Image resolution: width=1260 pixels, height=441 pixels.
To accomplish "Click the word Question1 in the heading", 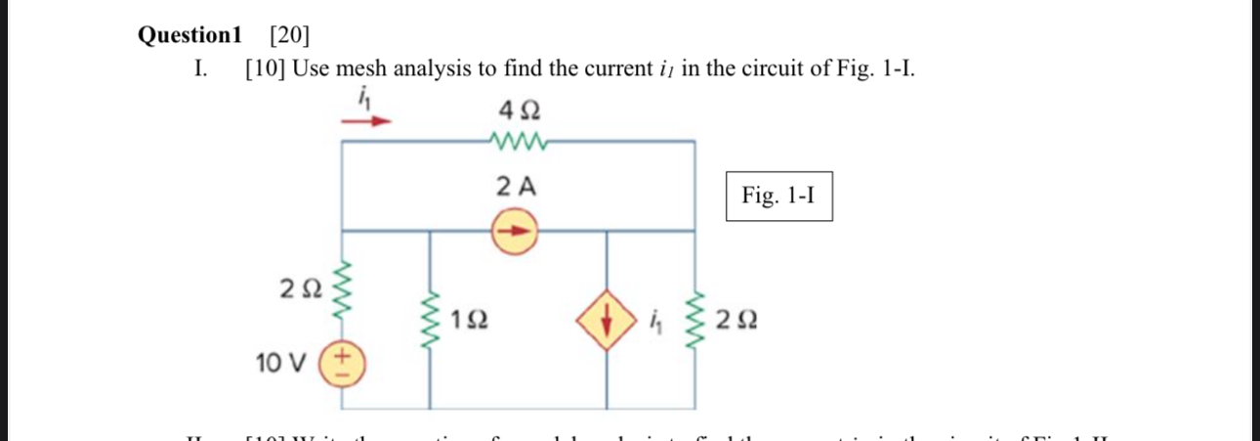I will [189, 36].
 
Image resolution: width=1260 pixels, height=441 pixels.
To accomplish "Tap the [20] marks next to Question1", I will [288, 36].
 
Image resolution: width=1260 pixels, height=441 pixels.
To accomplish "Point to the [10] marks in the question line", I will [265, 70].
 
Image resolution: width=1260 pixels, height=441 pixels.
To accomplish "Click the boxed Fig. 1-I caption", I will [778, 196].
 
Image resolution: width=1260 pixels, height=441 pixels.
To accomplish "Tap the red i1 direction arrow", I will [366, 121].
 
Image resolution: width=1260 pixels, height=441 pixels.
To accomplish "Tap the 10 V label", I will [281, 364].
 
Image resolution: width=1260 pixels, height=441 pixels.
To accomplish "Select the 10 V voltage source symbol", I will [343, 364].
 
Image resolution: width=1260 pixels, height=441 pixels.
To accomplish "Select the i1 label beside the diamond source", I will [657, 319].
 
